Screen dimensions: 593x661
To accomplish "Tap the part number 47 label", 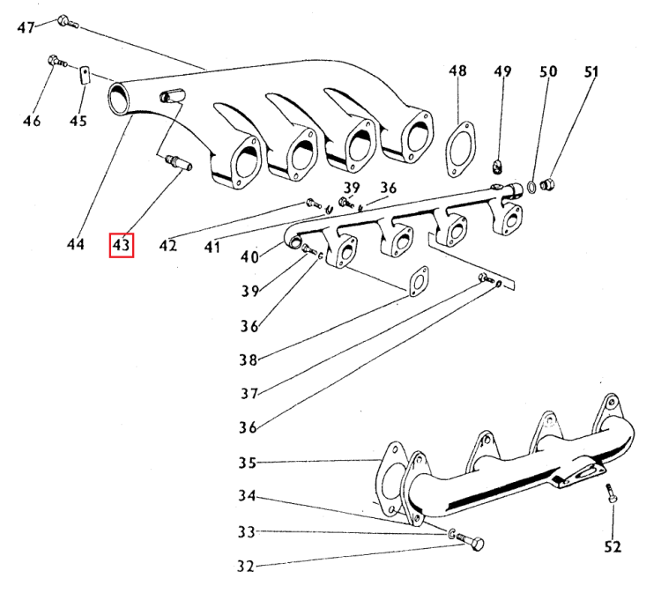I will [26, 27].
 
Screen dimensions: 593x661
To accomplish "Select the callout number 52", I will [613, 547].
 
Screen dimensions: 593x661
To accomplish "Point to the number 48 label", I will [457, 71].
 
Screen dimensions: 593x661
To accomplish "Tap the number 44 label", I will [76, 244].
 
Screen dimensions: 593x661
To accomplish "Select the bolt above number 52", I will [612, 500].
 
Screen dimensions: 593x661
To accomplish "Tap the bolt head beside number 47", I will [63, 21].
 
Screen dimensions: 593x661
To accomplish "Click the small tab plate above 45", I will [84, 75].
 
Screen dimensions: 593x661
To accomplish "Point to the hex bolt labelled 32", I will [472, 545].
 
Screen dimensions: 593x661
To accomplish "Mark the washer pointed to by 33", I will [451, 534].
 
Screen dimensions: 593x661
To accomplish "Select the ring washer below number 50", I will [533, 186].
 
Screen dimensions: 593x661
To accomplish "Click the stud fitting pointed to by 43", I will [176, 163].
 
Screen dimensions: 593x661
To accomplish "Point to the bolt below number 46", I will [52, 63].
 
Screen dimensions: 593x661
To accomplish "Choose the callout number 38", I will [247, 360].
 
